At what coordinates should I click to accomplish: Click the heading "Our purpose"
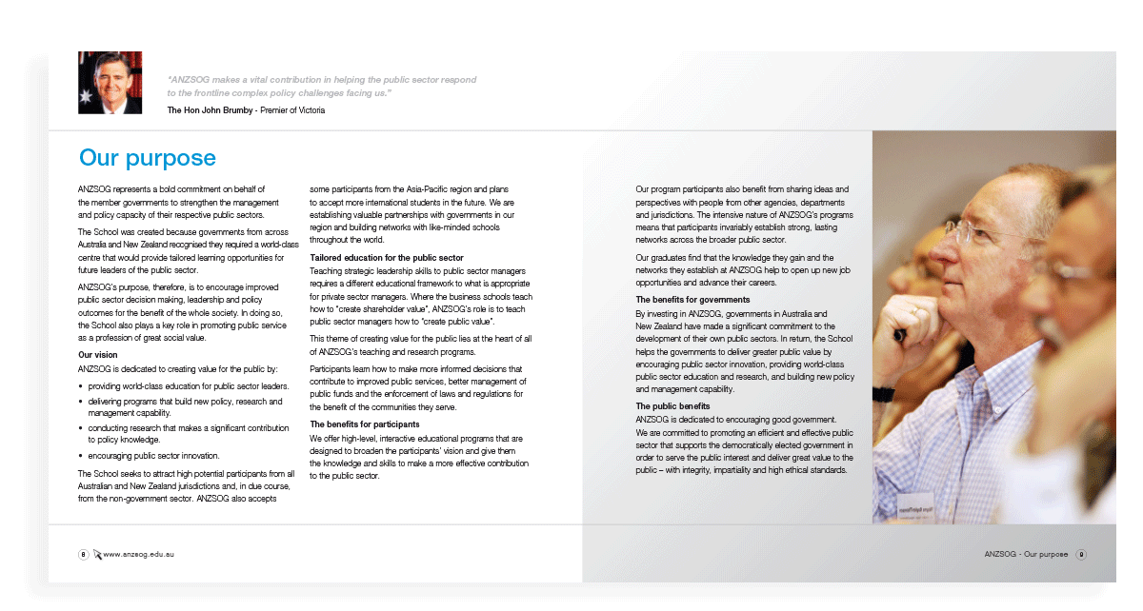(148, 157)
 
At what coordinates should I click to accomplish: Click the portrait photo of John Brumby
(110, 83)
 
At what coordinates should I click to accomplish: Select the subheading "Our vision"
(98, 355)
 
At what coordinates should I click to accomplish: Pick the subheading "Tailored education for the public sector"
(387, 258)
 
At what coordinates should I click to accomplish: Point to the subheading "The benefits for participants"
(365, 424)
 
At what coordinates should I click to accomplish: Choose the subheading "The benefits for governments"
(685, 300)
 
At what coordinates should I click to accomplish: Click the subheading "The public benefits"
(672, 406)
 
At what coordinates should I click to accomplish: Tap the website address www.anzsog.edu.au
(139, 554)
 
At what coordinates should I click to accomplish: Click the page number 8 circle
(84, 554)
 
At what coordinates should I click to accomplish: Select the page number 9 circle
(1081, 554)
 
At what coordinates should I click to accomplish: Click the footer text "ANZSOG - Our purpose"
(1026, 554)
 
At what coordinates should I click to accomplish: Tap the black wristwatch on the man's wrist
(883, 393)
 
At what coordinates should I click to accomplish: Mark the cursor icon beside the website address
(97, 554)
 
